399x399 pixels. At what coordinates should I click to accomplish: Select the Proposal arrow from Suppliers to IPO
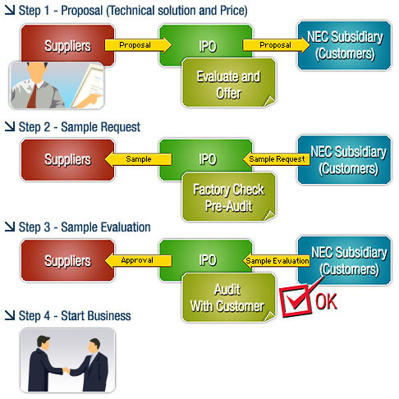(138, 45)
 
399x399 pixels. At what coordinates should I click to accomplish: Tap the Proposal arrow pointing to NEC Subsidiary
(277, 45)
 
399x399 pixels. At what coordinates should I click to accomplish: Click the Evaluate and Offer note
(229, 83)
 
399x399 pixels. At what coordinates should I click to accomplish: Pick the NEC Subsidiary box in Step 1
(345, 45)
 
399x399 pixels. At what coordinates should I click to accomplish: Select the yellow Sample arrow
(138, 159)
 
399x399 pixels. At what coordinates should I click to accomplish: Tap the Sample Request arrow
(277, 159)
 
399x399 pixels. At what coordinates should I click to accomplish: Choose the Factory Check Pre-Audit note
(229, 197)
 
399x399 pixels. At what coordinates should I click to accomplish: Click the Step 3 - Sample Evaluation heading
(78, 227)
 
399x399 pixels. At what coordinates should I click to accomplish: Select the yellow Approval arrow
(138, 260)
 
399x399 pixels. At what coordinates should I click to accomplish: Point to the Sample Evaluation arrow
(277, 261)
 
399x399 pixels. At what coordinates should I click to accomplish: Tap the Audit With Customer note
(229, 298)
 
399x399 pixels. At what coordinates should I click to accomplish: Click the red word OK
(326, 301)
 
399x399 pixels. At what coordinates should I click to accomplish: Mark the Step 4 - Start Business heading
(68, 316)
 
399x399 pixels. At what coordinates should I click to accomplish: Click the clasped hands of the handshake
(66, 370)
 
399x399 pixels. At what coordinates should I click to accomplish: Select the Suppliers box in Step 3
(67, 260)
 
